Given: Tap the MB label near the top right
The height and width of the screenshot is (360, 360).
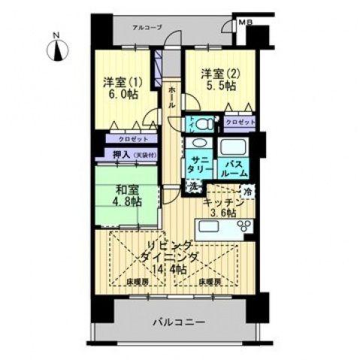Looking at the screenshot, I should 246,23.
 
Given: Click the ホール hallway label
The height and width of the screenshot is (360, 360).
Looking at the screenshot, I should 171,97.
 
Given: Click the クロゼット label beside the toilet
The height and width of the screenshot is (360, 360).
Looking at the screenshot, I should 239,122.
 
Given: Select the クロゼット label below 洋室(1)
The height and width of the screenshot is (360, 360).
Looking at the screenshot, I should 126,139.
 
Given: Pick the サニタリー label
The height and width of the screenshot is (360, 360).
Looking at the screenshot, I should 200,165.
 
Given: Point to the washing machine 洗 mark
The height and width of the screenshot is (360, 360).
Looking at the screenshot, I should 193,186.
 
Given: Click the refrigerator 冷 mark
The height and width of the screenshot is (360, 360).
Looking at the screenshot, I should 249,192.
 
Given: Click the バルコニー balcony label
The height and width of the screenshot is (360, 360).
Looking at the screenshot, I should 177,322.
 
